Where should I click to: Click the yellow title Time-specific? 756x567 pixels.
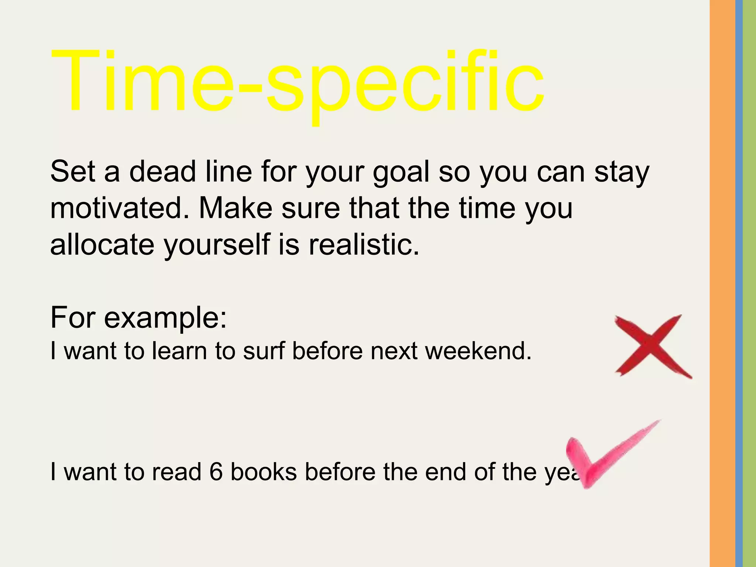point(297,83)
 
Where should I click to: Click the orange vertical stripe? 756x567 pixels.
point(722,283)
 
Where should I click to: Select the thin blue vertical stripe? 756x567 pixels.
point(739,283)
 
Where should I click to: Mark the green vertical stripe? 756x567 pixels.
point(749,283)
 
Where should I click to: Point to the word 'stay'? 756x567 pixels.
point(622,172)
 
